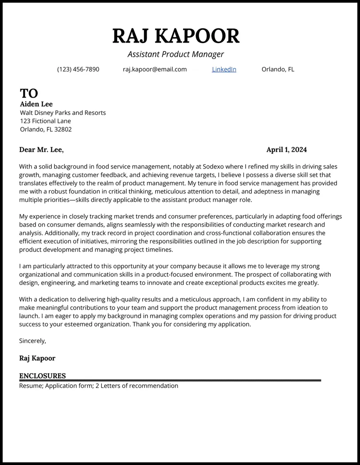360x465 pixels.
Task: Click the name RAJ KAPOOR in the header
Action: tap(176, 36)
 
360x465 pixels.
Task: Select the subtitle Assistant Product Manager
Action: tap(176, 54)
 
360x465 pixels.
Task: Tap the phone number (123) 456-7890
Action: tap(78, 69)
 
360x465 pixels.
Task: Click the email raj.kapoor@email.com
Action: tap(155, 69)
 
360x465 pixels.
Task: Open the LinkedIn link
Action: tap(224, 69)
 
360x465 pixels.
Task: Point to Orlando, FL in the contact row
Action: tap(278, 69)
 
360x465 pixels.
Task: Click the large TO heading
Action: tap(29, 93)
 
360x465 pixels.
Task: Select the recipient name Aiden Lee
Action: tap(36, 104)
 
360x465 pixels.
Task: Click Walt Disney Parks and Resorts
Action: tap(63, 113)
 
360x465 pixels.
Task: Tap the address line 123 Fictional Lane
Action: tap(45, 121)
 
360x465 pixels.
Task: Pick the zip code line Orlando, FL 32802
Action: tap(46, 130)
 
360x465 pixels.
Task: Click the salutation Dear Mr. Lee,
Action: tap(41, 150)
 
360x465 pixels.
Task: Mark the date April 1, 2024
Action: tap(286, 150)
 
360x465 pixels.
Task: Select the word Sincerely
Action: tap(32, 341)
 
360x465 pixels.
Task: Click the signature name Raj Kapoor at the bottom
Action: tap(37, 358)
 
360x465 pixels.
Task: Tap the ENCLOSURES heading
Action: tap(42, 376)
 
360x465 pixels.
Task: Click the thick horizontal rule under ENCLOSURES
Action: tap(170, 380)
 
